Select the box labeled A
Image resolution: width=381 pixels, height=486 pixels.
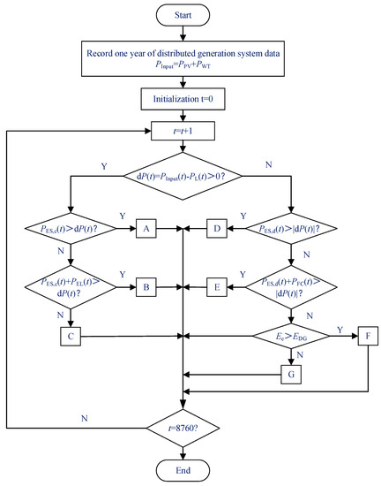coord(148,228)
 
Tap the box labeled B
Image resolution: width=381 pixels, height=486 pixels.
coord(148,287)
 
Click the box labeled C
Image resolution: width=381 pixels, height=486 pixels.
coord(71,336)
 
